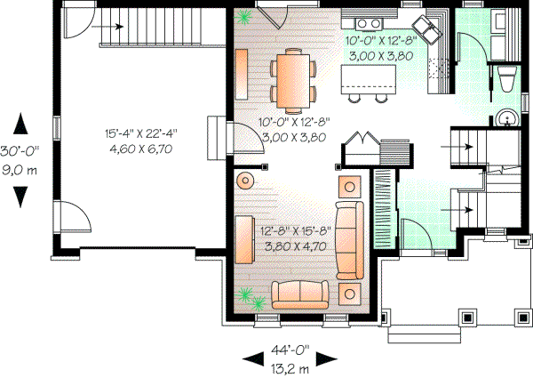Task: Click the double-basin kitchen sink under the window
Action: [x=367, y=21]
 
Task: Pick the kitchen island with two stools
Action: [x=368, y=82]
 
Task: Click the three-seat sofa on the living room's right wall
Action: [x=349, y=238]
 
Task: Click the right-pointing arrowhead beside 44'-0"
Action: [x=330, y=358]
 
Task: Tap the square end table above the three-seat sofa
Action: [x=350, y=187]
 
